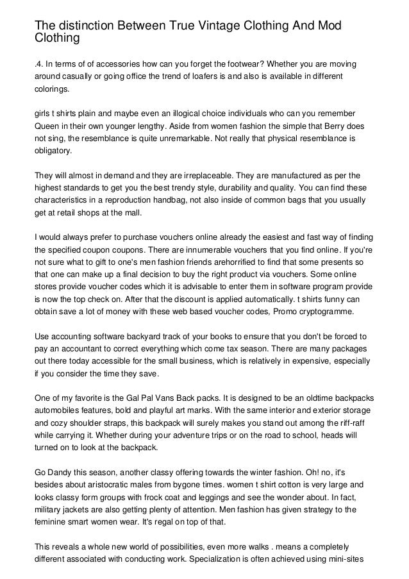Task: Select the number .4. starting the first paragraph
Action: tap(40, 65)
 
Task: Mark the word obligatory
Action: tap(54, 151)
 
